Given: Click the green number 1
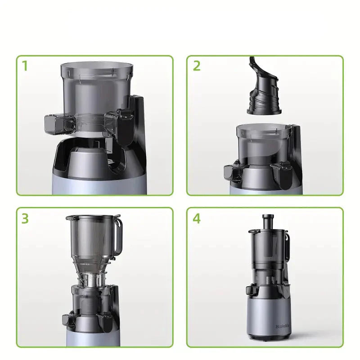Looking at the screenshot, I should coord(25,66).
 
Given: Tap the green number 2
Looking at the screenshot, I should coord(197,66).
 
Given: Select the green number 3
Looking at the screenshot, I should coord(25,219).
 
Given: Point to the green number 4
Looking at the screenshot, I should coord(197,219).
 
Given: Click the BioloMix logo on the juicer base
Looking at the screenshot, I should coord(270,323).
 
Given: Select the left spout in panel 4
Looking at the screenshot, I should coord(251,290).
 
